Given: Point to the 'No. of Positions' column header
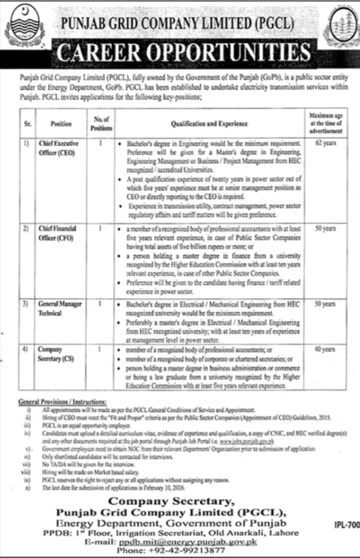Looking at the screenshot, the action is tap(100, 121).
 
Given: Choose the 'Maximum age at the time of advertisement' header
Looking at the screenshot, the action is tap(330, 121).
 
